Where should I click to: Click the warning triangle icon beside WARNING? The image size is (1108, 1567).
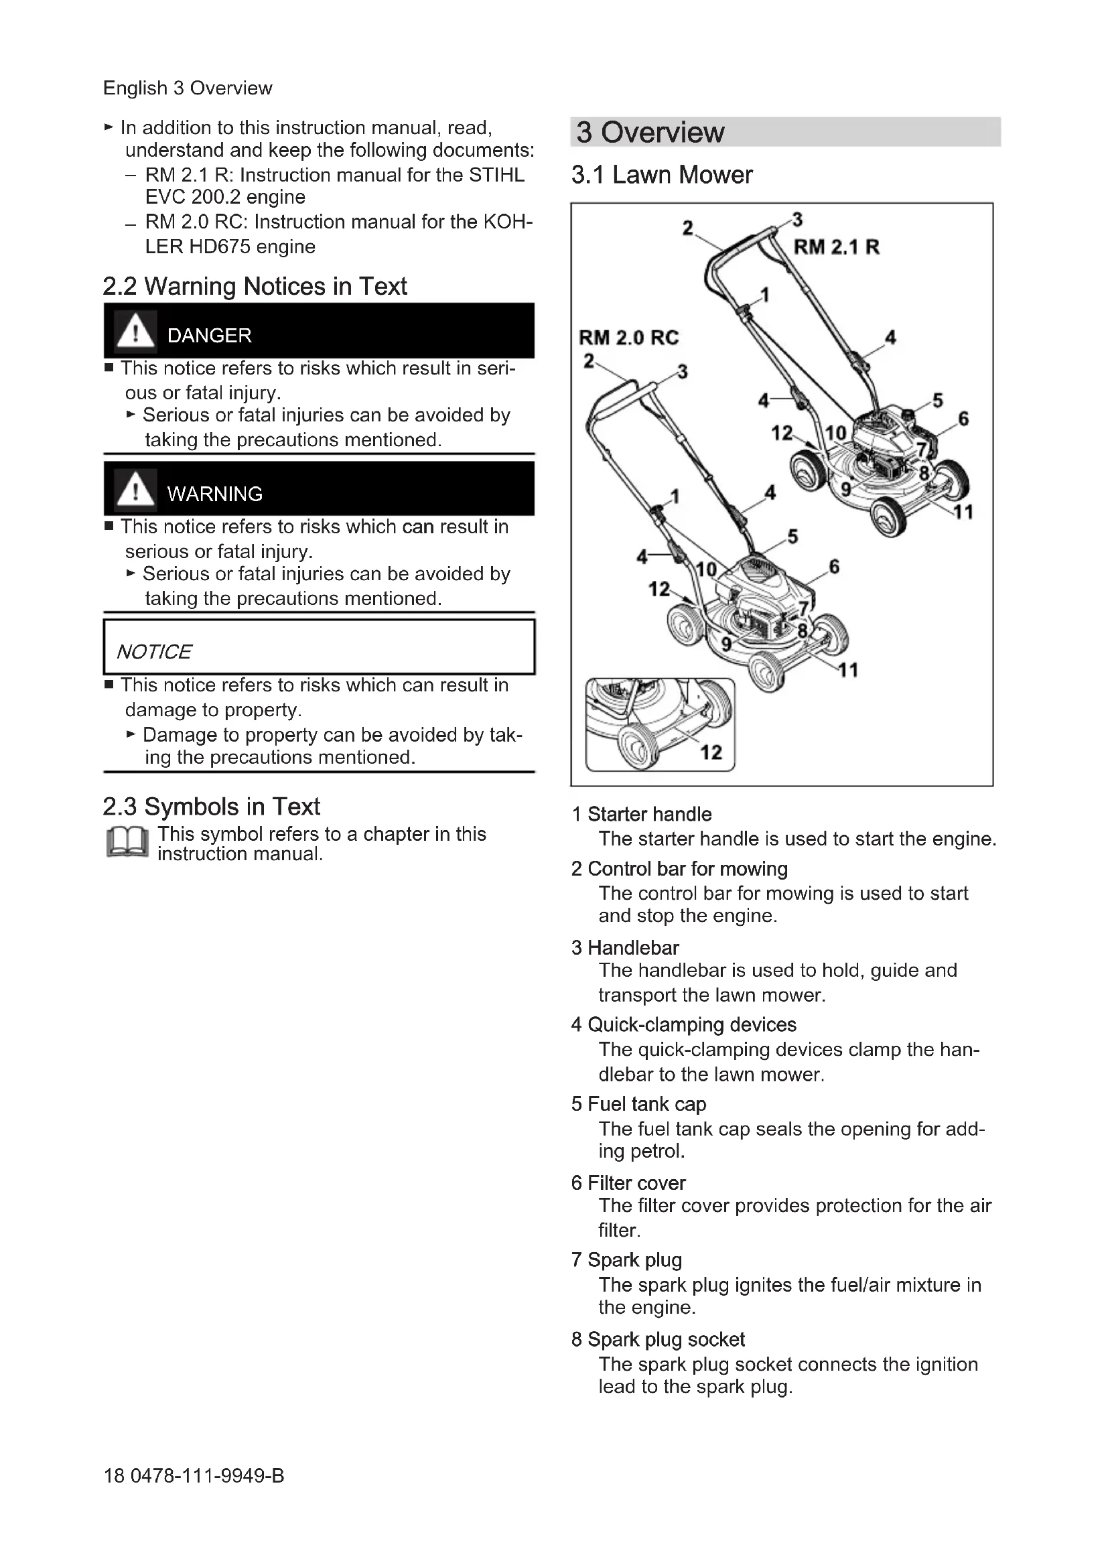tap(135, 489)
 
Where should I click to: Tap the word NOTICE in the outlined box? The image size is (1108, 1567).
tap(154, 652)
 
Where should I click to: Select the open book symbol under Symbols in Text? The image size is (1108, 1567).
tap(127, 842)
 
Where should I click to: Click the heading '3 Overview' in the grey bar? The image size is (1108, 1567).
tap(650, 133)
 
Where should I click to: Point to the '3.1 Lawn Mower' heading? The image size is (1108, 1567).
tap(661, 176)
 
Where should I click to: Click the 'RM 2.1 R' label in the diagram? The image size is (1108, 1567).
tap(836, 247)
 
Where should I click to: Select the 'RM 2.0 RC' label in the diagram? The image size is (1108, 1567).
tap(628, 338)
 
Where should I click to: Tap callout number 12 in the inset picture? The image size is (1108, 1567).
tap(710, 752)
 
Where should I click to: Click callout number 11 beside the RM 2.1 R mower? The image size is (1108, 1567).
tap(963, 512)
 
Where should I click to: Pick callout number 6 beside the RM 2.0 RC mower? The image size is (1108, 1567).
tap(834, 567)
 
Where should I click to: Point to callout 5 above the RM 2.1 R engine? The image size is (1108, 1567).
tap(937, 400)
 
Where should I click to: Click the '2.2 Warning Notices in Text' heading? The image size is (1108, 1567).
tap(255, 286)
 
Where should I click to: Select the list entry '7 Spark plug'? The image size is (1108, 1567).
tap(626, 1260)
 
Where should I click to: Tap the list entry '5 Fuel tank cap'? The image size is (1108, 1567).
tap(638, 1104)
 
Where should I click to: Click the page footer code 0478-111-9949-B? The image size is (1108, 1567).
tap(207, 1477)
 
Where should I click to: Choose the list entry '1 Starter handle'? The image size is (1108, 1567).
tap(641, 814)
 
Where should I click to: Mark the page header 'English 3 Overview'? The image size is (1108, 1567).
tap(188, 88)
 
